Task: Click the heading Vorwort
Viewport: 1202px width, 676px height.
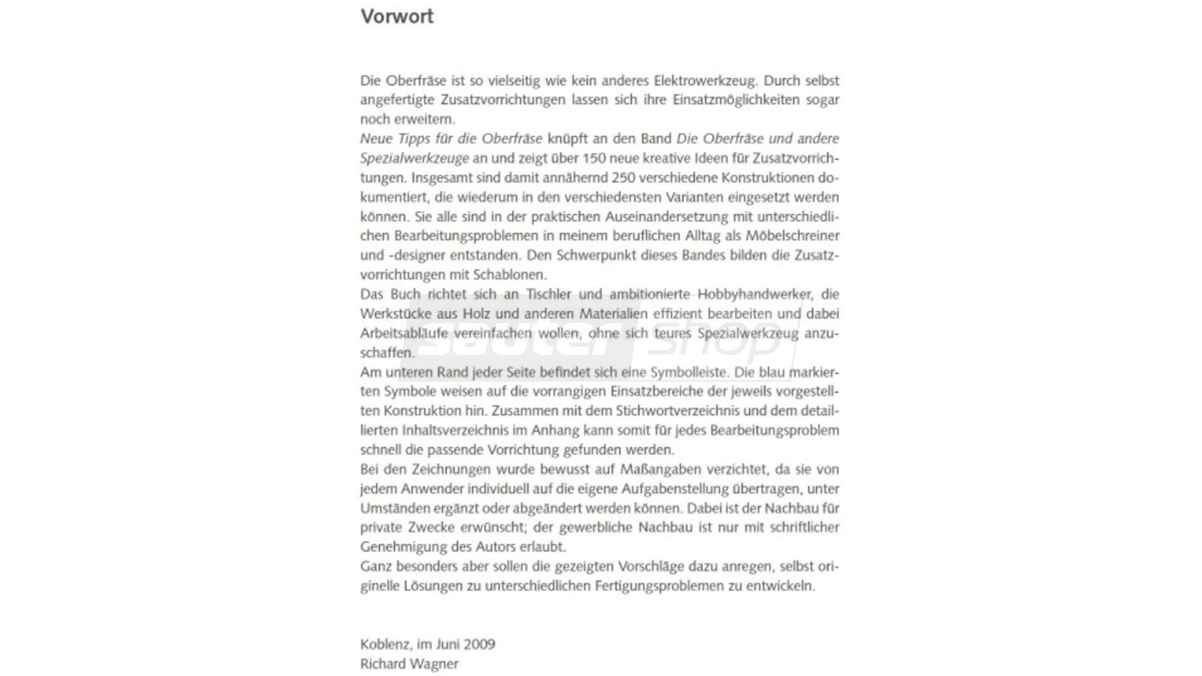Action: (x=397, y=16)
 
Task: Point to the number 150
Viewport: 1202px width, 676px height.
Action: (x=595, y=158)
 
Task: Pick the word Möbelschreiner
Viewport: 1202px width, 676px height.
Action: (x=792, y=236)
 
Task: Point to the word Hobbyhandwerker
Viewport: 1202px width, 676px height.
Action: (x=754, y=294)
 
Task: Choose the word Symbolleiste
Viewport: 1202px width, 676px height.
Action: (x=689, y=372)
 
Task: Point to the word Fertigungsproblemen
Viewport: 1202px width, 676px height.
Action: (x=659, y=586)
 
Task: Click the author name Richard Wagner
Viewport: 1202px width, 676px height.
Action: (x=409, y=664)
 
